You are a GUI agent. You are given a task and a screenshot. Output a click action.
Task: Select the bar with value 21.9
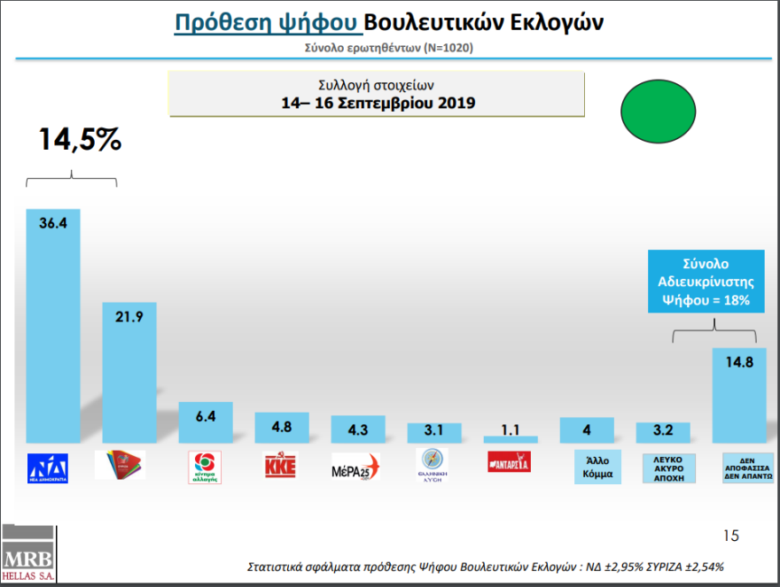(x=129, y=372)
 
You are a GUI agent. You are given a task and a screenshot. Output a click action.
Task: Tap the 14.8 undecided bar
(x=739, y=395)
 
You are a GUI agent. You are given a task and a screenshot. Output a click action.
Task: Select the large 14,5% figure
(x=79, y=140)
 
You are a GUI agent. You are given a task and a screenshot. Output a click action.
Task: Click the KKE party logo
(x=282, y=465)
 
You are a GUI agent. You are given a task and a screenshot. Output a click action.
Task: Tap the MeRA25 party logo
(x=357, y=466)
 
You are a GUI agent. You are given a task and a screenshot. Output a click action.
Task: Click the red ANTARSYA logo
(x=511, y=462)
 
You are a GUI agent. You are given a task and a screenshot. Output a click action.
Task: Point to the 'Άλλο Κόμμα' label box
(x=587, y=466)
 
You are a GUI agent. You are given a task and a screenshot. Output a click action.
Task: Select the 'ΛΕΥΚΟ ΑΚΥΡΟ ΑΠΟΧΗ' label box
(x=663, y=467)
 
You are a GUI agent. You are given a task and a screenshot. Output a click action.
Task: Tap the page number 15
(x=730, y=536)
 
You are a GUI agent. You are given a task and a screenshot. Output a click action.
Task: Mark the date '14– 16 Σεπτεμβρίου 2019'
(x=377, y=103)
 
